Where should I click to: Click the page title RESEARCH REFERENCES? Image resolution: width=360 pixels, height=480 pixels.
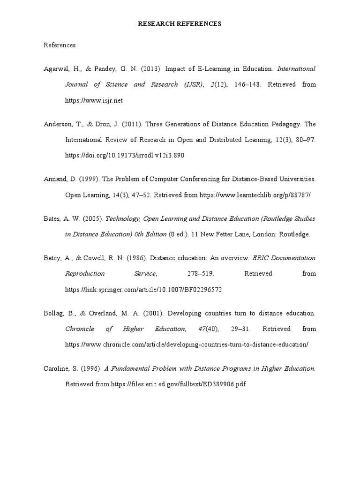pos(180,23)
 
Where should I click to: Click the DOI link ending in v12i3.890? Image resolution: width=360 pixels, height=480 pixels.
pos(124,155)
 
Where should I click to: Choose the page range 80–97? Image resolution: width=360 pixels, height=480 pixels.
pos(306,140)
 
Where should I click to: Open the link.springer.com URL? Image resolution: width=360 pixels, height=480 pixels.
pos(143,290)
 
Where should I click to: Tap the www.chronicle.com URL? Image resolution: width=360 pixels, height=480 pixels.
pos(187,345)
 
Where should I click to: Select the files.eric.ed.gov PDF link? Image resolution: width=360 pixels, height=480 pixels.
pos(179,384)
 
